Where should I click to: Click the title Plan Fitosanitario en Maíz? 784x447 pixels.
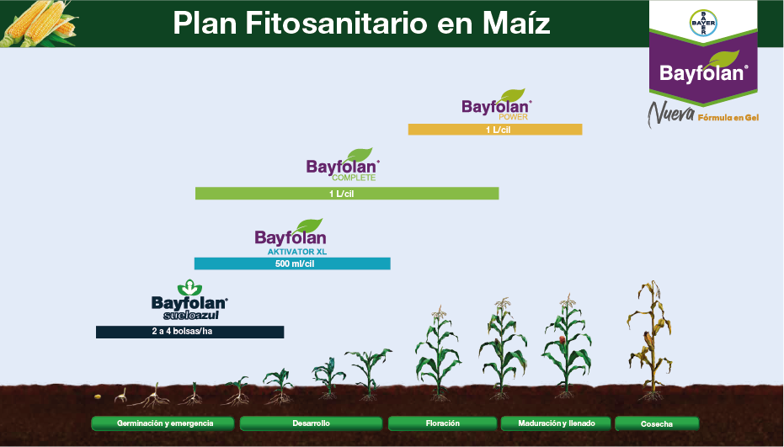[x=361, y=24]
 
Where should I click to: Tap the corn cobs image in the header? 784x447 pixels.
[x=38, y=24]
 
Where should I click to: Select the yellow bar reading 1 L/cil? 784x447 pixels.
[x=495, y=130]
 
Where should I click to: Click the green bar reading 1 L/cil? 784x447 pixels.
[x=347, y=194]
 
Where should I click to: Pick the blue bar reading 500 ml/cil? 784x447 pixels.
[x=292, y=263]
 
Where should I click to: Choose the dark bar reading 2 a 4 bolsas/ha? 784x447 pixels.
[x=189, y=332]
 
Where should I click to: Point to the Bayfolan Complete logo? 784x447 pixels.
[x=343, y=164]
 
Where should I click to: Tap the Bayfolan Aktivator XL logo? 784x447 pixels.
[x=291, y=237]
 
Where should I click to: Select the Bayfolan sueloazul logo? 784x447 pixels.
[x=189, y=301]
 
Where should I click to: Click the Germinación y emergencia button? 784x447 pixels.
[x=165, y=423]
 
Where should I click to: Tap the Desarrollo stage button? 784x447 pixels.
[x=312, y=423]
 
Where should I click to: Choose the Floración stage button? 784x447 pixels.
[x=443, y=423]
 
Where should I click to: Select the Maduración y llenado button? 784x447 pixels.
[x=555, y=423]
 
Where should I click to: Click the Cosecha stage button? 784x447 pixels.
[x=657, y=423]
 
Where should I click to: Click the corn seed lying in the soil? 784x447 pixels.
[x=99, y=396]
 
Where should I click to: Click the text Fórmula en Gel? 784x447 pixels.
[x=728, y=118]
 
